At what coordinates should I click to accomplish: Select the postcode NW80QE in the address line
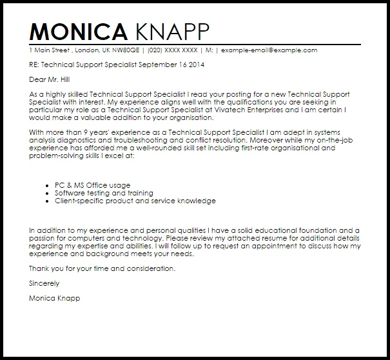(x=113, y=50)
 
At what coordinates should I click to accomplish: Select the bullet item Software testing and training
(x=104, y=193)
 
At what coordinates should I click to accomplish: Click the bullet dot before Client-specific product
(x=49, y=201)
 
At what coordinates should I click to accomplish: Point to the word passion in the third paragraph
(x=44, y=239)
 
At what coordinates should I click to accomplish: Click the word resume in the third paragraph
(x=240, y=239)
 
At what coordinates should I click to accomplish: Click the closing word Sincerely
(x=44, y=283)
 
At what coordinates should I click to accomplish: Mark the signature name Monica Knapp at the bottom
(x=55, y=298)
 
